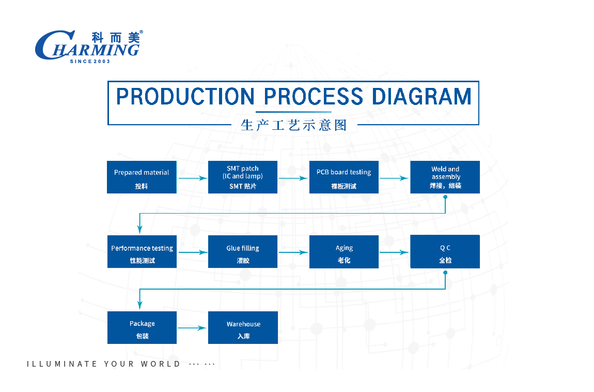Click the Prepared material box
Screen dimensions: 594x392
click(x=142, y=177)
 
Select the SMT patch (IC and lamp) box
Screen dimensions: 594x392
click(x=243, y=177)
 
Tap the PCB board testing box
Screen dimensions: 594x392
click(x=344, y=177)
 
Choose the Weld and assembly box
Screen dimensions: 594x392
click(x=445, y=177)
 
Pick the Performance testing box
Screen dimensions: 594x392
click(x=142, y=252)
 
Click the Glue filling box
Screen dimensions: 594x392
click(x=243, y=252)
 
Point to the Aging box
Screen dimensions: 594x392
click(x=344, y=252)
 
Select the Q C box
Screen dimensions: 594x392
click(x=445, y=252)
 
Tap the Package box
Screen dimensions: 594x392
click(x=142, y=327)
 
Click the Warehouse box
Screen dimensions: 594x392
click(x=243, y=327)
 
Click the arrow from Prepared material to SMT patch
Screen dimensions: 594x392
click(x=193, y=178)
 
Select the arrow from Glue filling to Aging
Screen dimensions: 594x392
click(x=293, y=252)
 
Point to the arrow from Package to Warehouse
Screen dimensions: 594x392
click(x=192, y=328)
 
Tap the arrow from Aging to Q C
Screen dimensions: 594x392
click(x=394, y=252)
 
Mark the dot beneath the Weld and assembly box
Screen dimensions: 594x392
click(x=445, y=197)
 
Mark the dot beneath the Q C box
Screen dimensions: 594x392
click(x=445, y=273)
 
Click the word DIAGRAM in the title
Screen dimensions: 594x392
click(x=421, y=96)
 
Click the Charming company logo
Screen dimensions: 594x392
click(x=89, y=46)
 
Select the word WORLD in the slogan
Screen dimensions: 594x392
click(x=161, y=364)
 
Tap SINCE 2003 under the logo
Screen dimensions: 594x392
click(x=90, y=61)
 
